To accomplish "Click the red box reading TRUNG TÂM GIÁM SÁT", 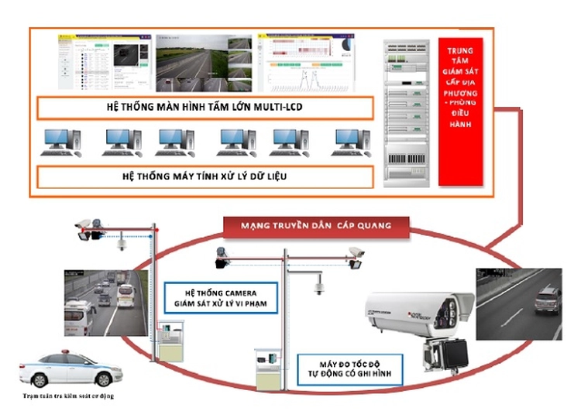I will [460, 111].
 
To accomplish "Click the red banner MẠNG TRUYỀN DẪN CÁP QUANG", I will [316, 225].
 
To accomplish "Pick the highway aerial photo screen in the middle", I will [204, 63].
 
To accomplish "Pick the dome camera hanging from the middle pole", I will [318, 287].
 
